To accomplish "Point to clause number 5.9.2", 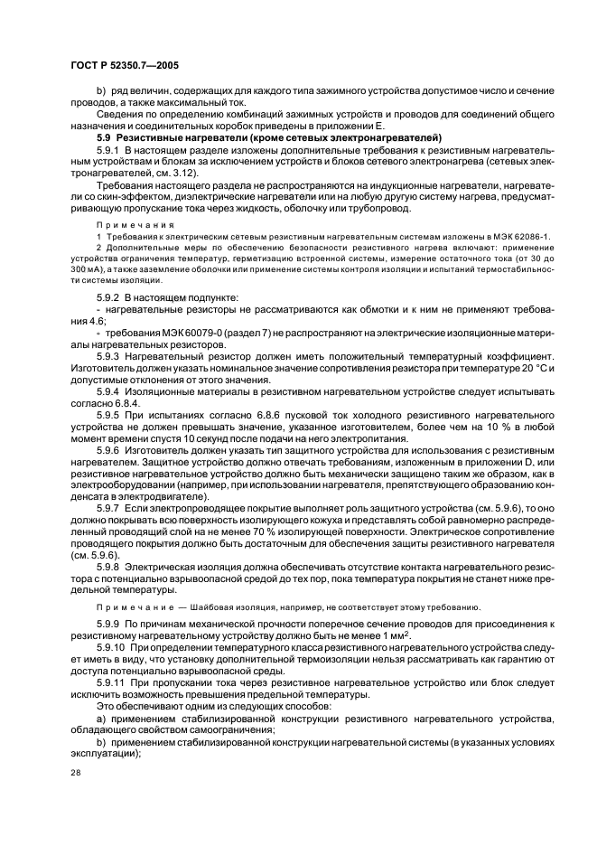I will click(x=109, y=296).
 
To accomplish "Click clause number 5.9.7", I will click(x=109, y=510).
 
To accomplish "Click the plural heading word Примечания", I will click(x=126, y=221).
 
